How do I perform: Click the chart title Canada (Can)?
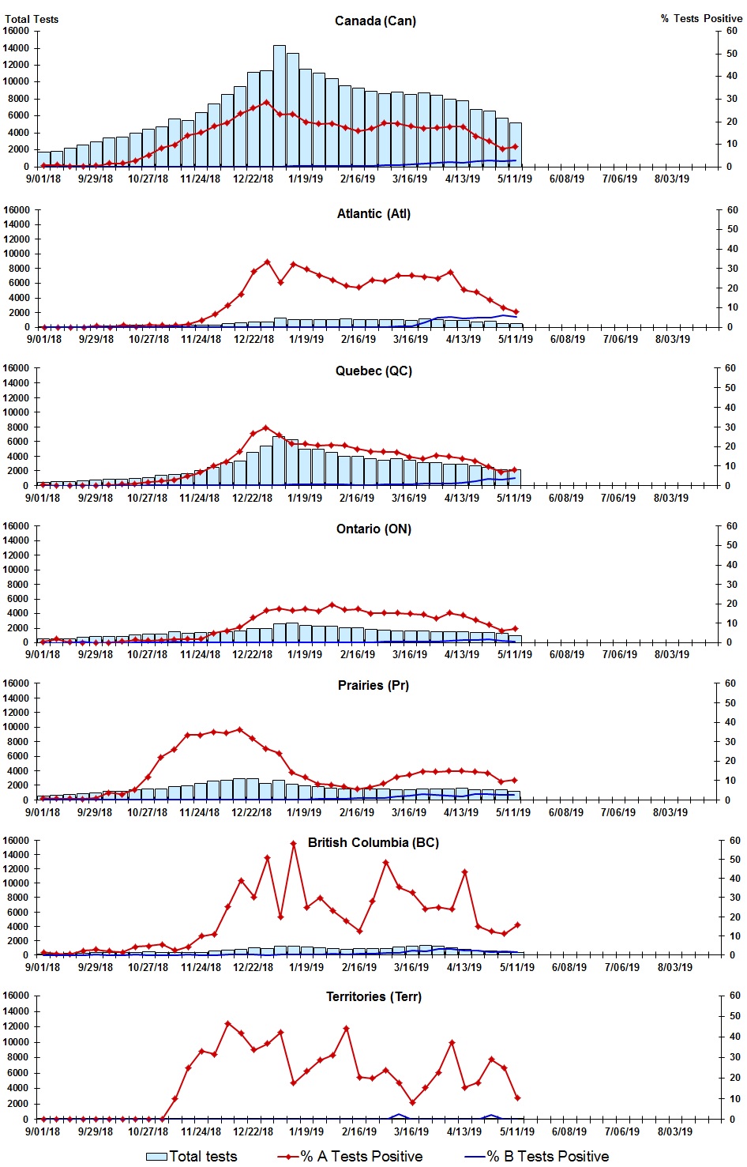tap(375, 21)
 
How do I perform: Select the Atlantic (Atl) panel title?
tap(373, 213)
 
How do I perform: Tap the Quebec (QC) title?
tap(373, 371)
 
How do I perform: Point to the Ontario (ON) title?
tap(373, 529)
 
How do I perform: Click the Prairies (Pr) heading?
tap(373, 685)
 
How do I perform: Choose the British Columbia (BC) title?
tap(373, 842)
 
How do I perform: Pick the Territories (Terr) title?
tap(373, 996)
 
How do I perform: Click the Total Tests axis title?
tap(32, 19)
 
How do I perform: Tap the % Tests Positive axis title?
tap(701, 18)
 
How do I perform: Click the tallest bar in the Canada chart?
tap(280, 106)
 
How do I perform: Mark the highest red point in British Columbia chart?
tap(293, 843)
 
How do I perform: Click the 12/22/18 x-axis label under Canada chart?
tap(253, 179)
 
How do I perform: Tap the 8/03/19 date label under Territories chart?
tap(675, 1131)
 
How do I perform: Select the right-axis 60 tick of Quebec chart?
tap(732, 368)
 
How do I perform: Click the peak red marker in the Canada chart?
tap(266, 102)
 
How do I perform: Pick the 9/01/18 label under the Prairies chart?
tap(43, 812)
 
